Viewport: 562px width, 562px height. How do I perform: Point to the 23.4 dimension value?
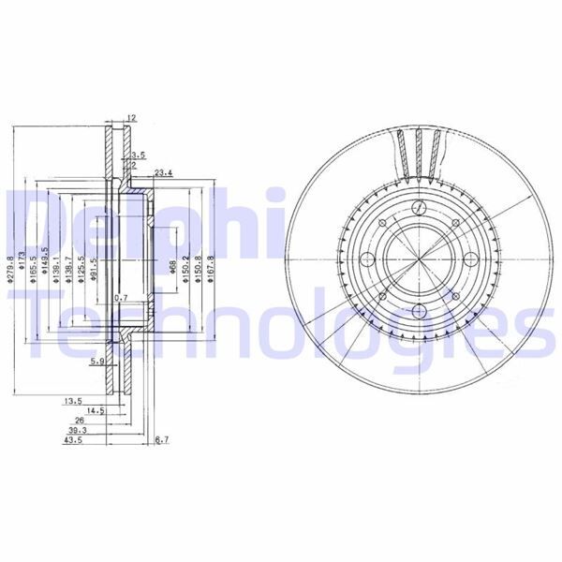(165, 172)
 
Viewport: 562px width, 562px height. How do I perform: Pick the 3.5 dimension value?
(139, 155)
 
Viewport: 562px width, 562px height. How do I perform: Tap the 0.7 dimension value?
(121, 298)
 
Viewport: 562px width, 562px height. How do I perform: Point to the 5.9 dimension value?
(97, 360)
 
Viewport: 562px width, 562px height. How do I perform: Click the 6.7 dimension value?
(160, 439)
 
